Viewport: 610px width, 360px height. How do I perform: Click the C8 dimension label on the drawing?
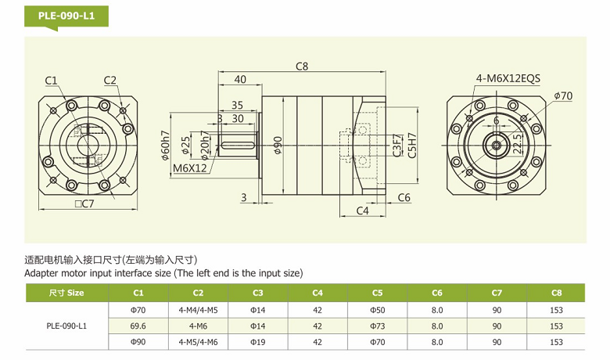click(x=302, y=67)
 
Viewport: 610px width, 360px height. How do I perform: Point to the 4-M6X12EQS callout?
click(x=508, y=78)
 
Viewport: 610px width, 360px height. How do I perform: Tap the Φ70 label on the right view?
click(x=563, y=95)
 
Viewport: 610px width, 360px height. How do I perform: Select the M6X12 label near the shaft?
click(x=190, y=167)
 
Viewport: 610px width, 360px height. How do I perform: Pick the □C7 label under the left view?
click(x=84, y=204)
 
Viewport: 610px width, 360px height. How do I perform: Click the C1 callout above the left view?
click(x=52, y=80)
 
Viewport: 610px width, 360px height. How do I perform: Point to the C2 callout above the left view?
click(x=109, y=80)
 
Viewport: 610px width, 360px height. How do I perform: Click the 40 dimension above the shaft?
click(x=240, y=79)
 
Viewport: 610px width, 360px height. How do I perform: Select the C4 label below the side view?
click(x=362, y=211)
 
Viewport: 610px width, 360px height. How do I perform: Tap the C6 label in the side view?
click(x=404, y=197)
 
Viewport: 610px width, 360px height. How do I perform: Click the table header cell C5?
click(x=377, y=293)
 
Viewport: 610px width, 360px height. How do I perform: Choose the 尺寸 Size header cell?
click(x=66, y=293)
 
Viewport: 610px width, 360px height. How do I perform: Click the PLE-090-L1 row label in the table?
click(x=66, y=326)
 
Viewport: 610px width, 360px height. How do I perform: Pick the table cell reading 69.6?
click(x=138, y=326)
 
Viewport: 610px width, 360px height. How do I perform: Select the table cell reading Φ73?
click(x=377, y=326)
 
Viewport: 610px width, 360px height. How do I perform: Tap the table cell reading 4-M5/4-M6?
click(x=198, y=342)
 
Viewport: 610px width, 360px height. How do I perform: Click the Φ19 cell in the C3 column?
click(x=258, y=342)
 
